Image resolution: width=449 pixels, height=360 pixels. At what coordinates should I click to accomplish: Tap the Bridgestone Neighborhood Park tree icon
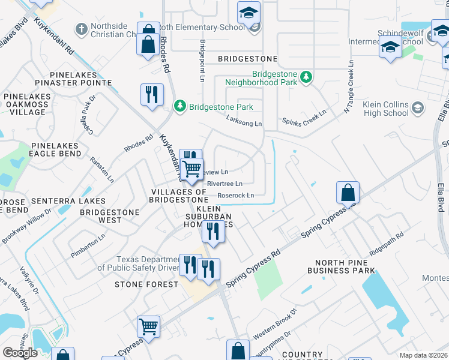(x=306, y=77)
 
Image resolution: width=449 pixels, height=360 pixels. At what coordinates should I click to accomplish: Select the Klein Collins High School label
(x=386, y=109)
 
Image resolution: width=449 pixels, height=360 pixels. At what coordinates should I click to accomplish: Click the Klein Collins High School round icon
(x=418, y=108)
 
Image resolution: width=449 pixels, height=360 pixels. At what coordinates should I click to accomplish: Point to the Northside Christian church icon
(x=81, y=29)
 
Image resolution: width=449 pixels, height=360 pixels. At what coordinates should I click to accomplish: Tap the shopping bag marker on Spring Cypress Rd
(x=348, y=193)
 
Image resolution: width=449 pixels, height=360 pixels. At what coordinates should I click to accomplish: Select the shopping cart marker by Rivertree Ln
(x=191, y=170)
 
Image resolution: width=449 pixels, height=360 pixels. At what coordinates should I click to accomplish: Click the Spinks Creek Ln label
(x=304, y=113)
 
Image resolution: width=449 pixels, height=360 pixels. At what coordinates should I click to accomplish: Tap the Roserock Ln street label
(x=235, y=195)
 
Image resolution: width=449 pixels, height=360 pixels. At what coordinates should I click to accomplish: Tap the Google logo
(x=20, y=352)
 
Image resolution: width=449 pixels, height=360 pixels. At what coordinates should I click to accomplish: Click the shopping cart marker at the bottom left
(x=149, y=327)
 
